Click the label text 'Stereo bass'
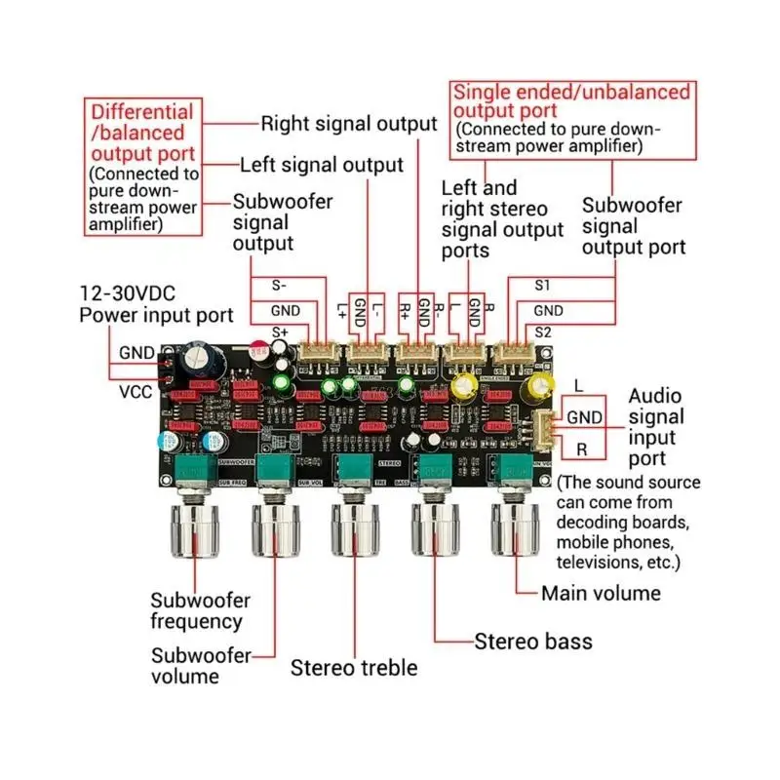(532, 641)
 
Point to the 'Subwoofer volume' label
(200, 665)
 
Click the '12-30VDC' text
(128, 292)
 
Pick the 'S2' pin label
(543, 332)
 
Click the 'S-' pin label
(278, 287)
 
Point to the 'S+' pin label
(280, 332)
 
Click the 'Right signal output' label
(348, 124)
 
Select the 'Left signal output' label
(321, 165)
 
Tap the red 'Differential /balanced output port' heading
(142, 133)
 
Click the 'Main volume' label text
(601, 593)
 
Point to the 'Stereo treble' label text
(353, 668)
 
